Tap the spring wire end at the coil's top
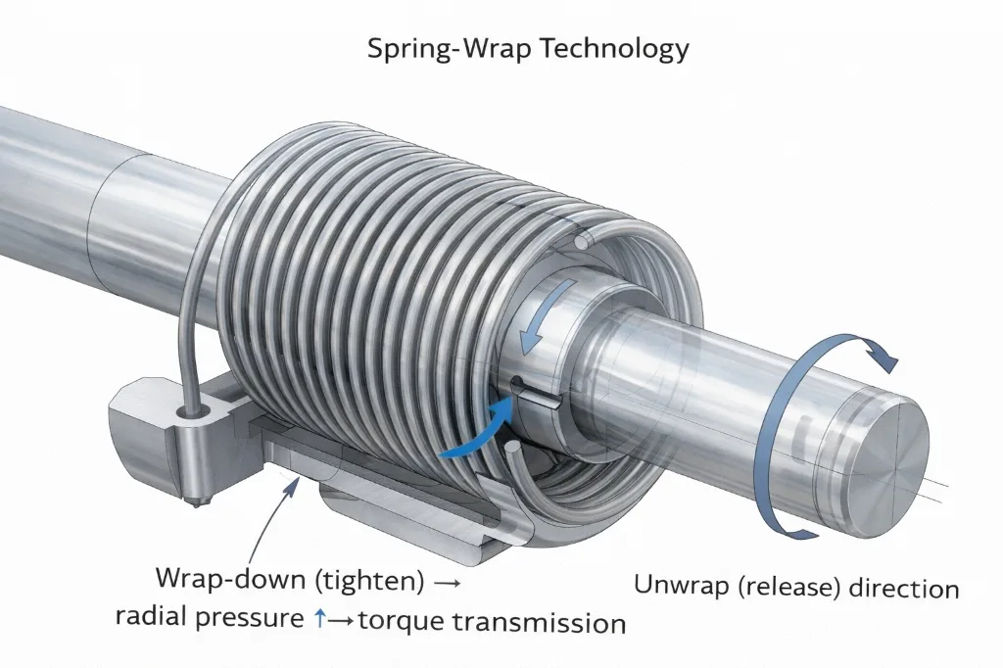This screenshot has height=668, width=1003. tap(583, 239)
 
